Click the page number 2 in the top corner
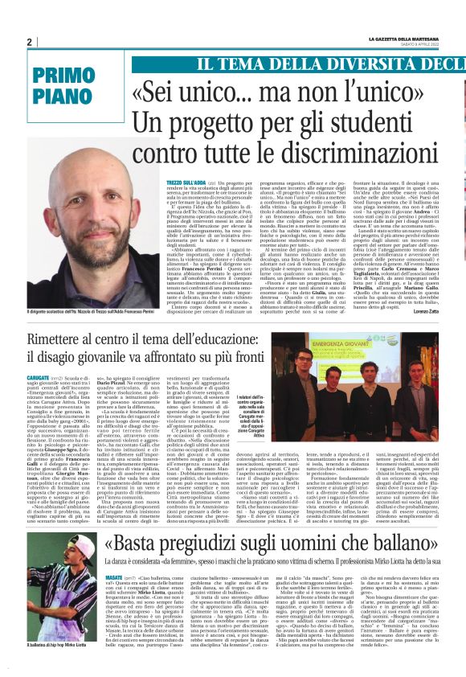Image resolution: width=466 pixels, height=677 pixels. (29, 42)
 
